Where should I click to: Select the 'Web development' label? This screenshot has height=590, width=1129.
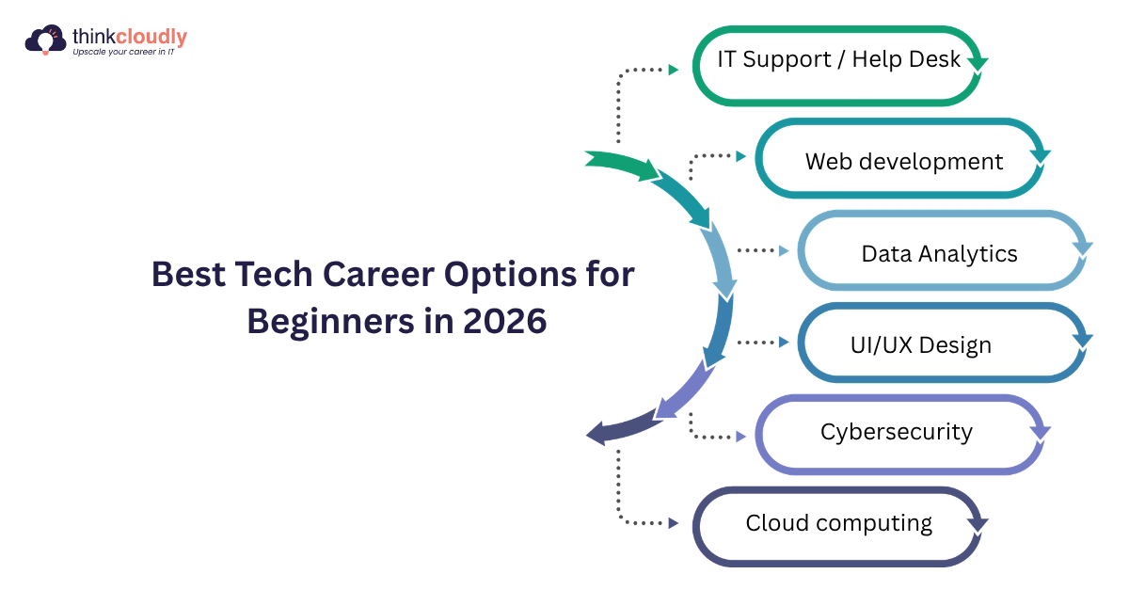point(903,162)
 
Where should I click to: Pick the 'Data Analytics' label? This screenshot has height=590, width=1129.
point(939,253)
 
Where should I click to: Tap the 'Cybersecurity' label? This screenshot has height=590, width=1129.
point(896,432)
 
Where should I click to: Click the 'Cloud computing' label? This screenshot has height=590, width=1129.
point(838,522)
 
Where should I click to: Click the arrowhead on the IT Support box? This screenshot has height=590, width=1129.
point(978,64)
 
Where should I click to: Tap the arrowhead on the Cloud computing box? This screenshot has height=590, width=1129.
point(978,525)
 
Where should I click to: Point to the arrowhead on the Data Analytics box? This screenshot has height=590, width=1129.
point(1082,249)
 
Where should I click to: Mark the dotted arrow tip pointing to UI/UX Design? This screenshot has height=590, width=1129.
point(784,343)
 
